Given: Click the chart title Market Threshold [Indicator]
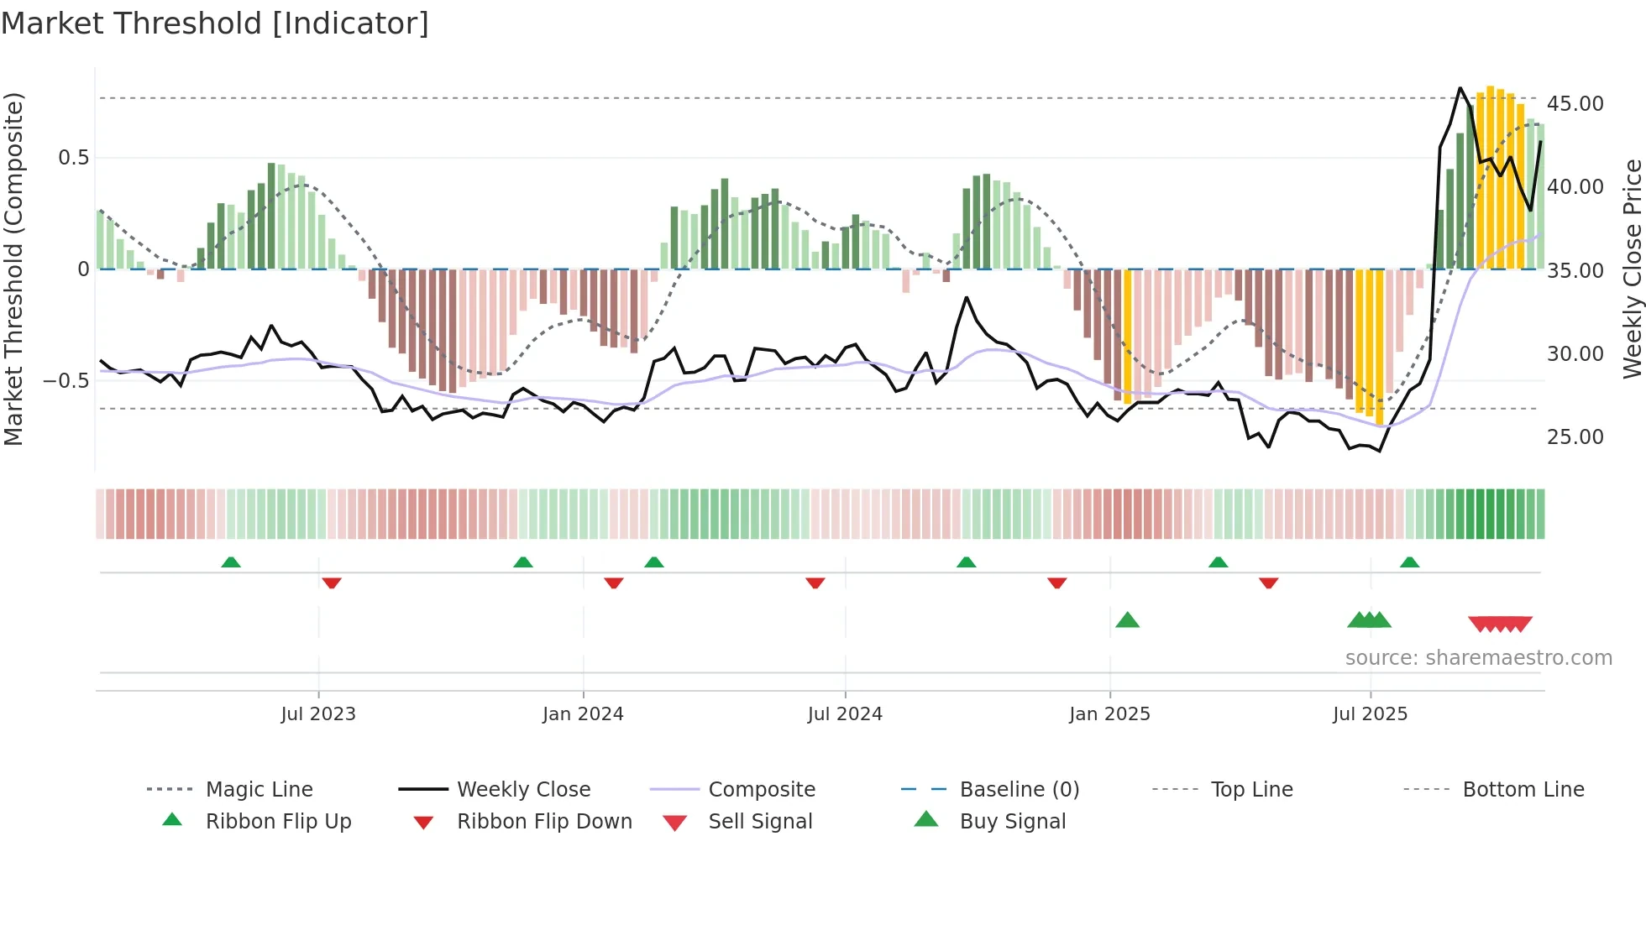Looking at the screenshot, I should [x=215, y=24].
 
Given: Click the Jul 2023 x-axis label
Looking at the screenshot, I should [x=318, y=714].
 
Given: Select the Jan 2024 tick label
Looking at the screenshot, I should [x=583, y=714].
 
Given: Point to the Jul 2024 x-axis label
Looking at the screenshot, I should [x=845, y=714].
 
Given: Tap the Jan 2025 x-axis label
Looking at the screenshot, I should [x=1109, y=714].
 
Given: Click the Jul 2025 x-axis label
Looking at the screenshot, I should [x=1370, y=714].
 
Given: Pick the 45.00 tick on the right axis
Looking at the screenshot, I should [x=1575, y=104].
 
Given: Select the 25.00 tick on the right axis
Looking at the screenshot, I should [x=1575, y=437].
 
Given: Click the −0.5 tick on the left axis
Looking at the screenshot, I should [x=66, y=381].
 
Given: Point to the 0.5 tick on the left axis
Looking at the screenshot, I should [x=73, y=158].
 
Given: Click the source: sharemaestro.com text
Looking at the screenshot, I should [x=1478, y=658].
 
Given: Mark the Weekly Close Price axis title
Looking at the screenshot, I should [x=1632, y=269].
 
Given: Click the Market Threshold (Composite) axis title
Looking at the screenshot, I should [x=13, y=269].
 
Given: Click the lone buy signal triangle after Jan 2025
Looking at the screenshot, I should [x=1127, y=620].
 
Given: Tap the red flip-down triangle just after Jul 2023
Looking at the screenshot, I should [x=332, y=583].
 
